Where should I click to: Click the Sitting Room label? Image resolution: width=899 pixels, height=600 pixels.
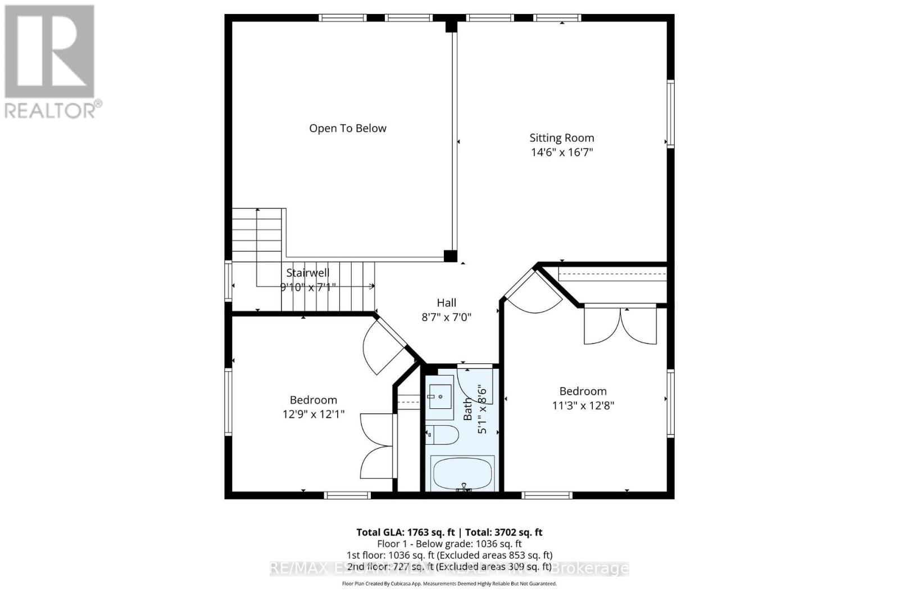[x=561, y=138]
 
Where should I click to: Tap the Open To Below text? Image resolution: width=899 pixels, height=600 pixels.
[x=348, y=128]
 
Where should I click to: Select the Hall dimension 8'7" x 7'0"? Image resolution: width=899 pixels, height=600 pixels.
[x=446, y=317]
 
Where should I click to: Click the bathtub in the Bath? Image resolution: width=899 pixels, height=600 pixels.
[x=462, y=473]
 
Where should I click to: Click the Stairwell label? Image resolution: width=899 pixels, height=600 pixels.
[x=307, y=273]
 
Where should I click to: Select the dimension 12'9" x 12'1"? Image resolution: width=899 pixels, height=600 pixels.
[x=313, y=414]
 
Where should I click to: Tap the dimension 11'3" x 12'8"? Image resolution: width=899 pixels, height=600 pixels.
[x=583, y=405]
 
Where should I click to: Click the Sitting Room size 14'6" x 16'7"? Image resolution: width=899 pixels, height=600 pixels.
[x=561, y=152]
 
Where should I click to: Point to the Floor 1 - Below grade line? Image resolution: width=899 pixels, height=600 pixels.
[x=449, y=544]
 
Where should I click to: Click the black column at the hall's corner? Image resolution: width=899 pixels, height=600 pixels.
[x=450, y=256]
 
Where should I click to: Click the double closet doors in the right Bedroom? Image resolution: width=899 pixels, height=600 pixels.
[x=620, y=326]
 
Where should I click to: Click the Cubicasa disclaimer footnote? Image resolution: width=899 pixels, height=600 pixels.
[x=449, y=584]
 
